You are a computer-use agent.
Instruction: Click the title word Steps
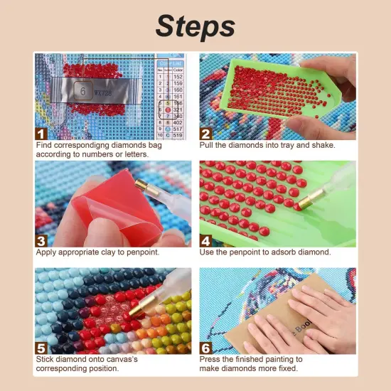pos(195,27)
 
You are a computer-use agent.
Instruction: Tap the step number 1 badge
pos(41,133)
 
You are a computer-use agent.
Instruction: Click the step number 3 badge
pos(41,240)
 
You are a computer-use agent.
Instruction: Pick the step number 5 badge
pos(41,348)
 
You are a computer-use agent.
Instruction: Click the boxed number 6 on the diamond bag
pos(82,90)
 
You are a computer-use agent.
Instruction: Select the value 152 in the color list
pos(177,77)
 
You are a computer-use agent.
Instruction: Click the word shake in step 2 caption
pos(321,145)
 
